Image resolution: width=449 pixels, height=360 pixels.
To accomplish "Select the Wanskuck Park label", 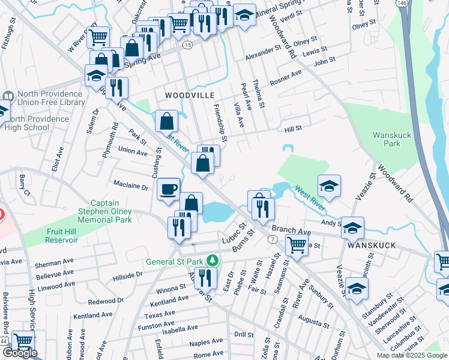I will [x=391, y=139].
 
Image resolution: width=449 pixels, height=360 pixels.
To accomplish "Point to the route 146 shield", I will [x=401, y=4].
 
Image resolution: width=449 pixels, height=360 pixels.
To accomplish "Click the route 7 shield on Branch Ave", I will [x=273, y=239].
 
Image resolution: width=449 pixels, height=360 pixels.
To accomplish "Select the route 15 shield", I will [x=188, y=45].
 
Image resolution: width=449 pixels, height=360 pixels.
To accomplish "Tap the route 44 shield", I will [x=4, y=340].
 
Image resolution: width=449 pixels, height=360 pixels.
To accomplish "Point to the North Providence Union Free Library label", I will [x=50, y=98].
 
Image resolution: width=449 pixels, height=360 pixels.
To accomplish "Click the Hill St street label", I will [x=293, y=128].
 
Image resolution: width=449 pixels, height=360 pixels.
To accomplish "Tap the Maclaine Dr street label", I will [x=130, y=187].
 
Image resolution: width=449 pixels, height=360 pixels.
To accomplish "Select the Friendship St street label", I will [x=220, y=122].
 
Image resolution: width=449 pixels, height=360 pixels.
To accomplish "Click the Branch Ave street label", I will [x=291, y=230].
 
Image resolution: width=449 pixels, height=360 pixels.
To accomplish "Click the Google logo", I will [x=20, y=353].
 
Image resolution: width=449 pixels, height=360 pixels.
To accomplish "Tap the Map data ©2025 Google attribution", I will [x=412, y=355].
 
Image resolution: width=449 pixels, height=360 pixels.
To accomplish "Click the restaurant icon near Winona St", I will [x=205, y=278].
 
